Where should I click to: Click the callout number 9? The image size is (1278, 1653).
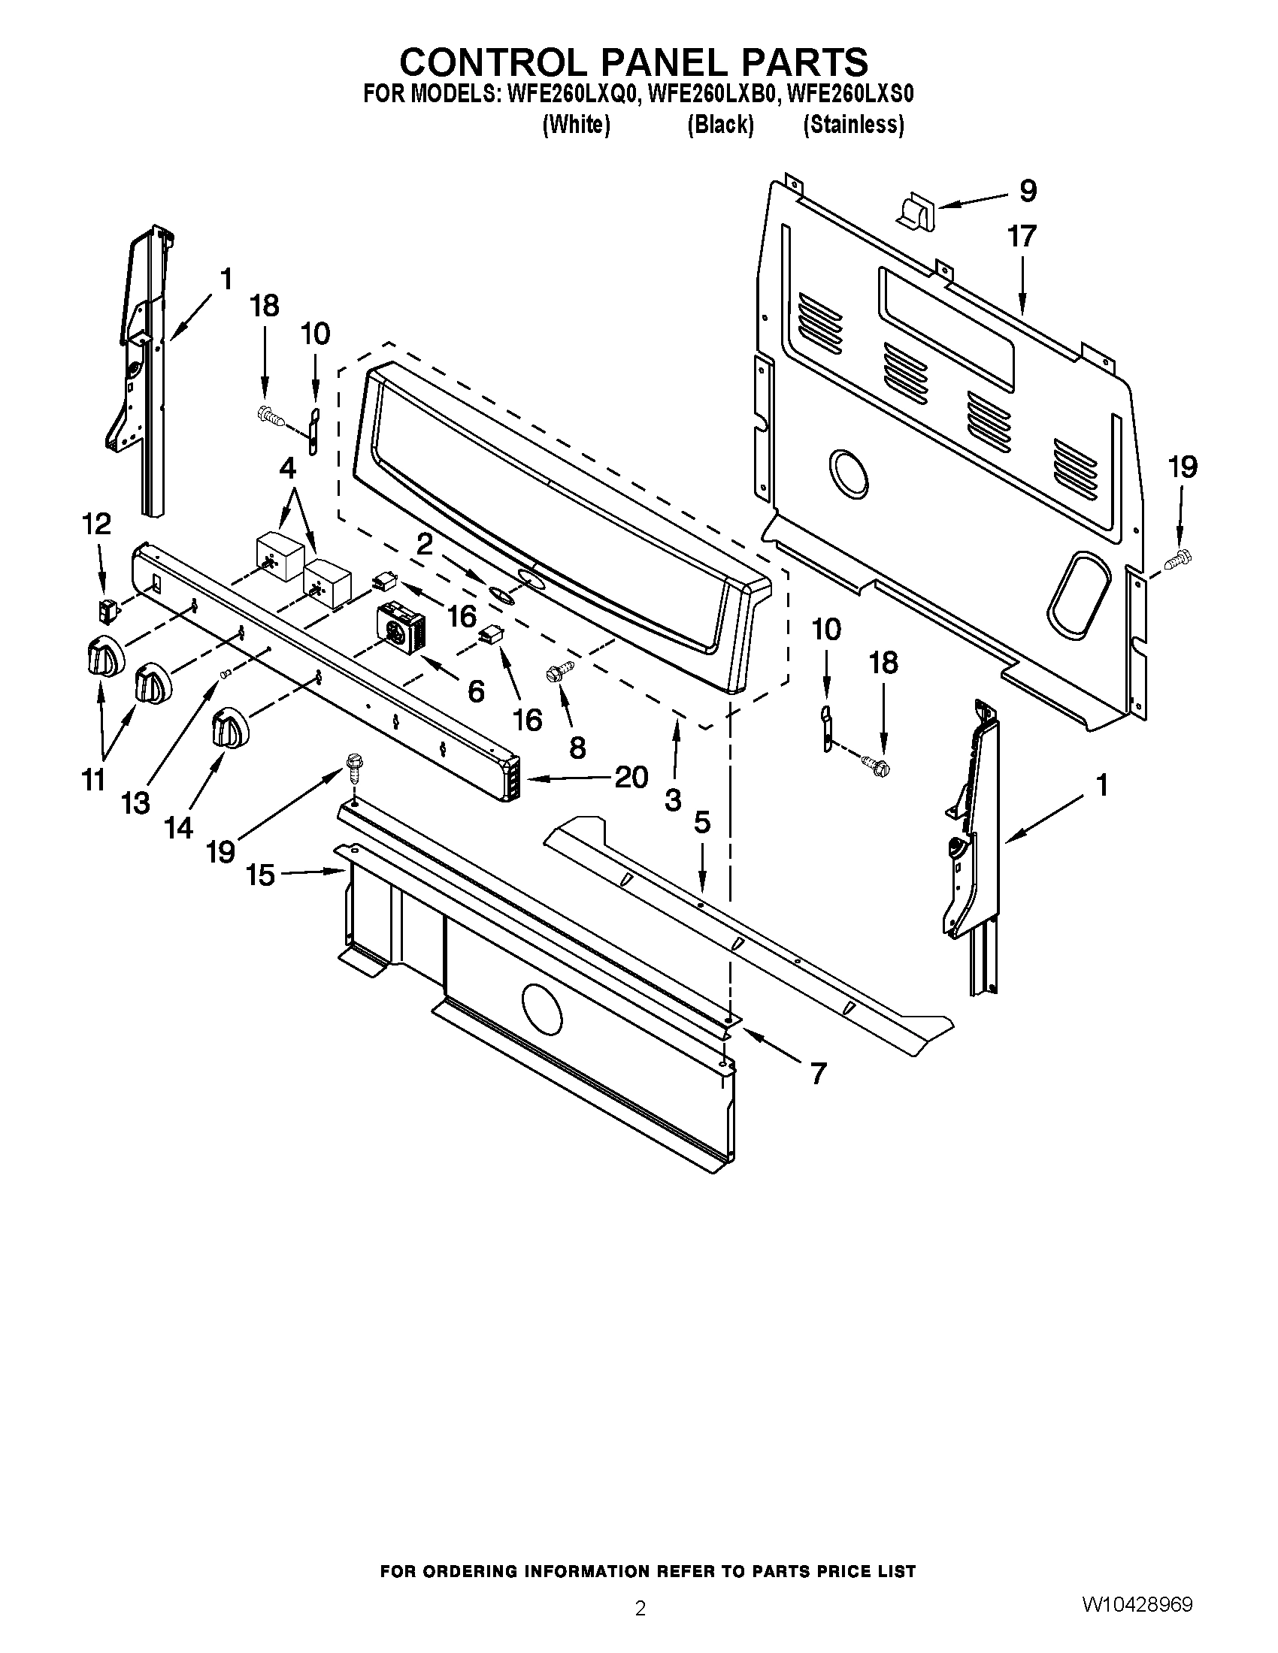pos(1028,191)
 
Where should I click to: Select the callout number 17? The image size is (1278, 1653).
pos(1022,237)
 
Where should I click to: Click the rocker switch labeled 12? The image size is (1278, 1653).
pos(107,610)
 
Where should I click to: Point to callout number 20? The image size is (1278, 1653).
pos(631,777)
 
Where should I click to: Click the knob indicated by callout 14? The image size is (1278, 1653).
pos(228,727)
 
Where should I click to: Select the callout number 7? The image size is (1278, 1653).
pos(818,1072)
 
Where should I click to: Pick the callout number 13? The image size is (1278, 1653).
pos(135,804)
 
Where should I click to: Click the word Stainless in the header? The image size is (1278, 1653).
pos(853,125)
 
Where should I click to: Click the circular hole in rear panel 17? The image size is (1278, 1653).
pos(848,474)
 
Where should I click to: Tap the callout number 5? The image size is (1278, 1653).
pos(702,823)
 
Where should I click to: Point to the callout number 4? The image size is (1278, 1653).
pos(288,470)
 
